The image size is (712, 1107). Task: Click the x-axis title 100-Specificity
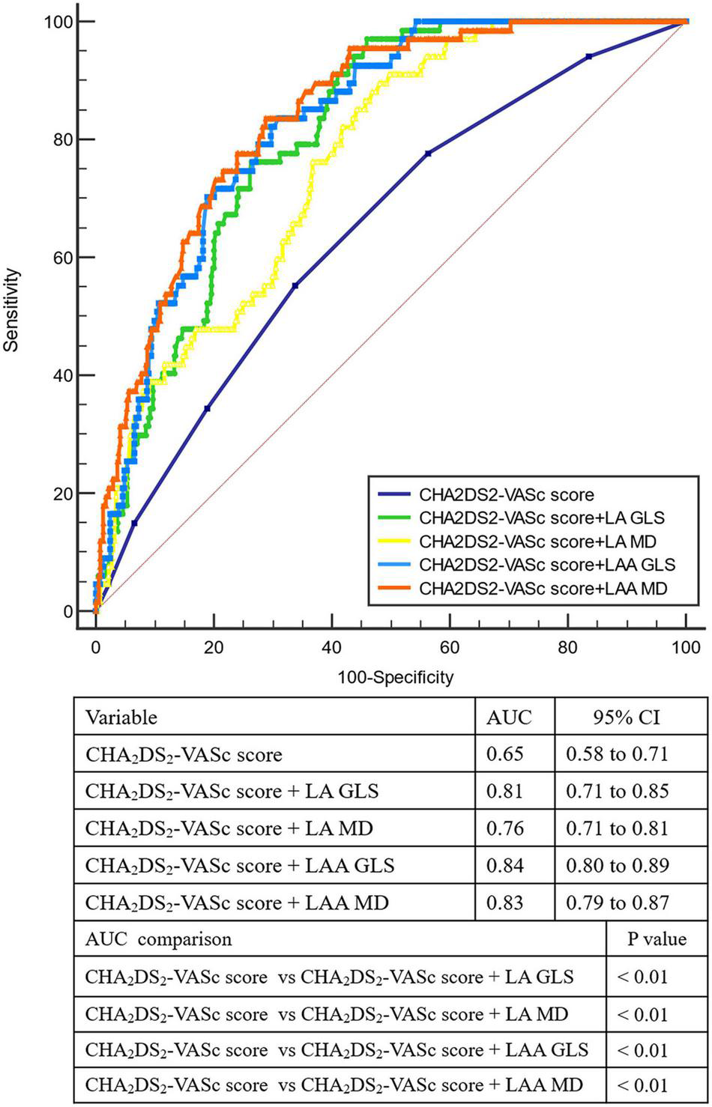(394, 678)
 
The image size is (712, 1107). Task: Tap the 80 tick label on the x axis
(567, 646)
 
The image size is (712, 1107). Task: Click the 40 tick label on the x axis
(331, 646)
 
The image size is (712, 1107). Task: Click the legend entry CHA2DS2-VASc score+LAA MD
(543, 589)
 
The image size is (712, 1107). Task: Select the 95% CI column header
(632, 717)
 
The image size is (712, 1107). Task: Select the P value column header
(657, 939)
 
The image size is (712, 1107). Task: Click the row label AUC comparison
(158, 939)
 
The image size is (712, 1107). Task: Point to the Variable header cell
(121, 717)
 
